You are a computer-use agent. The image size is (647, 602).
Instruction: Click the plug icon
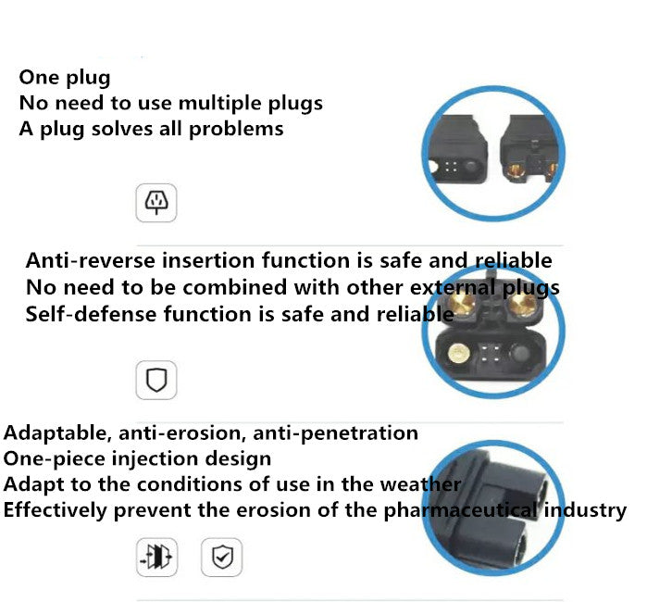click(x=156, y=203)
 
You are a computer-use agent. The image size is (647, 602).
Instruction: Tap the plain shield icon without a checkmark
click(x=156, y=380)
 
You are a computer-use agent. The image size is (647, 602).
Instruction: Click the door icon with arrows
click(x=156, y=557)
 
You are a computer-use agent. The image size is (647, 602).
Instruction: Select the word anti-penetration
click(x=336, y=433)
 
